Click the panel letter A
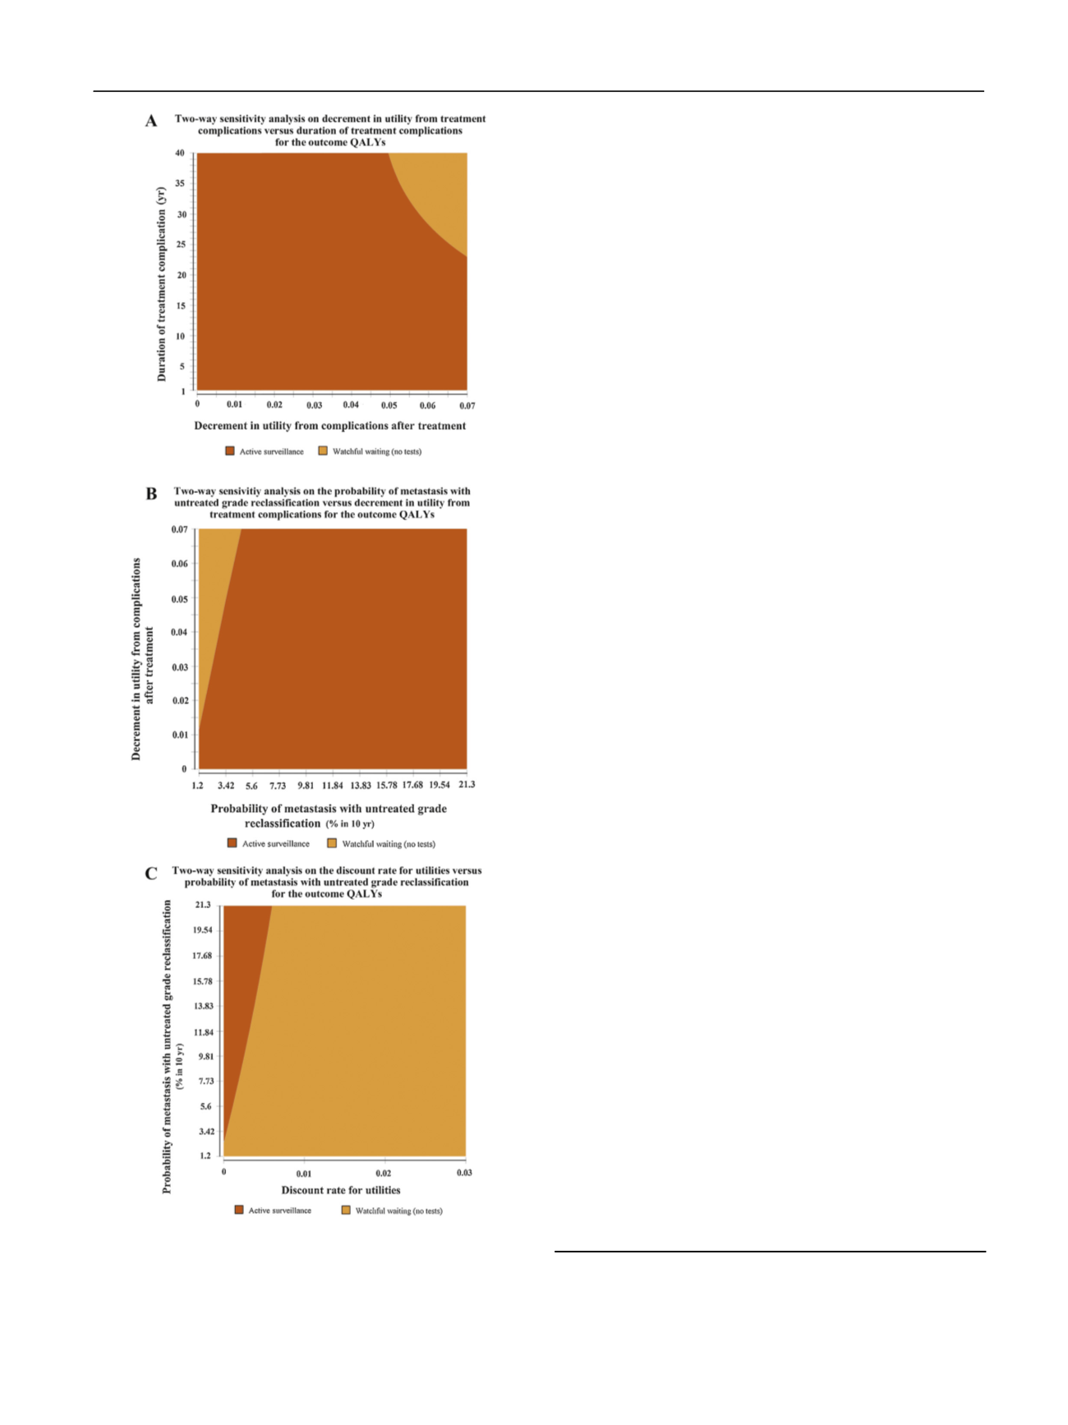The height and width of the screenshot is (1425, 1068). click(151, 122)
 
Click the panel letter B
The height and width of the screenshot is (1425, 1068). click(151, 494)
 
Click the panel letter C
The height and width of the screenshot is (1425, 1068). click(151, 874)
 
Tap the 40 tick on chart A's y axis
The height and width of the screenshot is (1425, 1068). click(180, 153)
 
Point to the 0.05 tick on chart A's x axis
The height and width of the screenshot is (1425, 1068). click(389, 405)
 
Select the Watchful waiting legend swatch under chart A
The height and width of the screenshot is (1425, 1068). click(323, 450)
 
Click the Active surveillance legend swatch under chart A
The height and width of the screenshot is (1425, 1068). click(230, 450)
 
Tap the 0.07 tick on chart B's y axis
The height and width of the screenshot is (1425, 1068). click(179, 529)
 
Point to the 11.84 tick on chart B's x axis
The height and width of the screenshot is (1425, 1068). click(332, 786)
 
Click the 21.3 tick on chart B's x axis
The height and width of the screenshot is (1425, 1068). click(467, 785)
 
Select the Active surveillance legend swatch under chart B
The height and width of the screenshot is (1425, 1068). click(232, 843)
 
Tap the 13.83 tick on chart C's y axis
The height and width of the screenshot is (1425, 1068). click(204, 1006)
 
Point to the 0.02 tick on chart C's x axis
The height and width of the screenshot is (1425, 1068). click(384, 1174)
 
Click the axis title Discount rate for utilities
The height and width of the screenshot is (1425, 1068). click(341, 1190)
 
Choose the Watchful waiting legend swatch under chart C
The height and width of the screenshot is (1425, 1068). click(346, 1210)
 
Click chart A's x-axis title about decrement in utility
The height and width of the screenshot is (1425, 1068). click(329, 426)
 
